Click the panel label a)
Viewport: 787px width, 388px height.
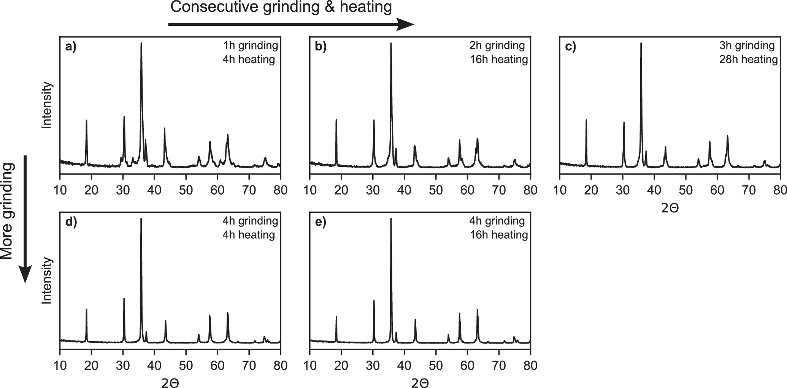click(71, 47)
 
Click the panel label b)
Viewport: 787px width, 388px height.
click(321, 47)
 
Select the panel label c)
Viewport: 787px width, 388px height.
click(571, 47)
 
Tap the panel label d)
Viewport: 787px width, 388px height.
click(71, 222)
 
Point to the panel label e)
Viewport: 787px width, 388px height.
click(321, 222)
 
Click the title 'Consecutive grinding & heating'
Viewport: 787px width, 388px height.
click(281, 7)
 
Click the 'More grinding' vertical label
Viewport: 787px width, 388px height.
click(7, 211)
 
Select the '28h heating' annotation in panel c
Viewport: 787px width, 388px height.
click(748, 59)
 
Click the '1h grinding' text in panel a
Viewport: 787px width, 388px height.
click(250, 46)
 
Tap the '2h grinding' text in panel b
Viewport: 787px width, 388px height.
click(497, 46)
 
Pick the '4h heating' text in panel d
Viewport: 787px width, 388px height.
click(249, 234)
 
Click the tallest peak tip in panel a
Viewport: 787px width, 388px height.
click(141, 43)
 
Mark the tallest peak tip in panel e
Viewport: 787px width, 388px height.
click(391, 219)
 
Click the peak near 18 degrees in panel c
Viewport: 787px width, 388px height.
click(586, 120)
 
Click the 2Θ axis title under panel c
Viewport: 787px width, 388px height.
click(670, 208)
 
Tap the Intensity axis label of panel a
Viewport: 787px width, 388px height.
click(47, 105)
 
